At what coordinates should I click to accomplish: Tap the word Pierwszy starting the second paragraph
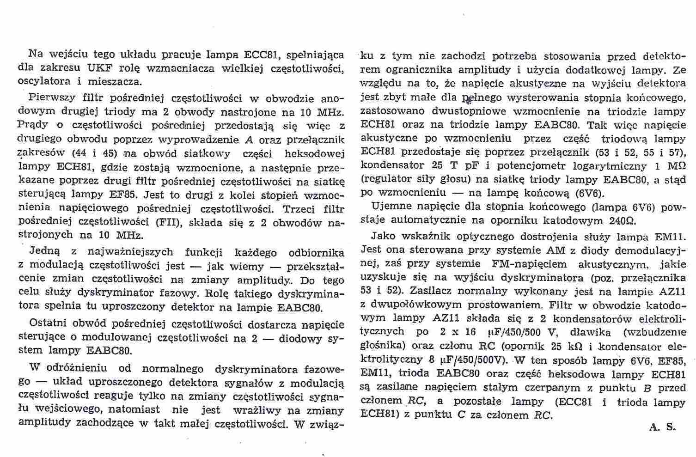(49, 98)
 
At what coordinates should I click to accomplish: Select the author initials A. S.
(662, 427)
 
